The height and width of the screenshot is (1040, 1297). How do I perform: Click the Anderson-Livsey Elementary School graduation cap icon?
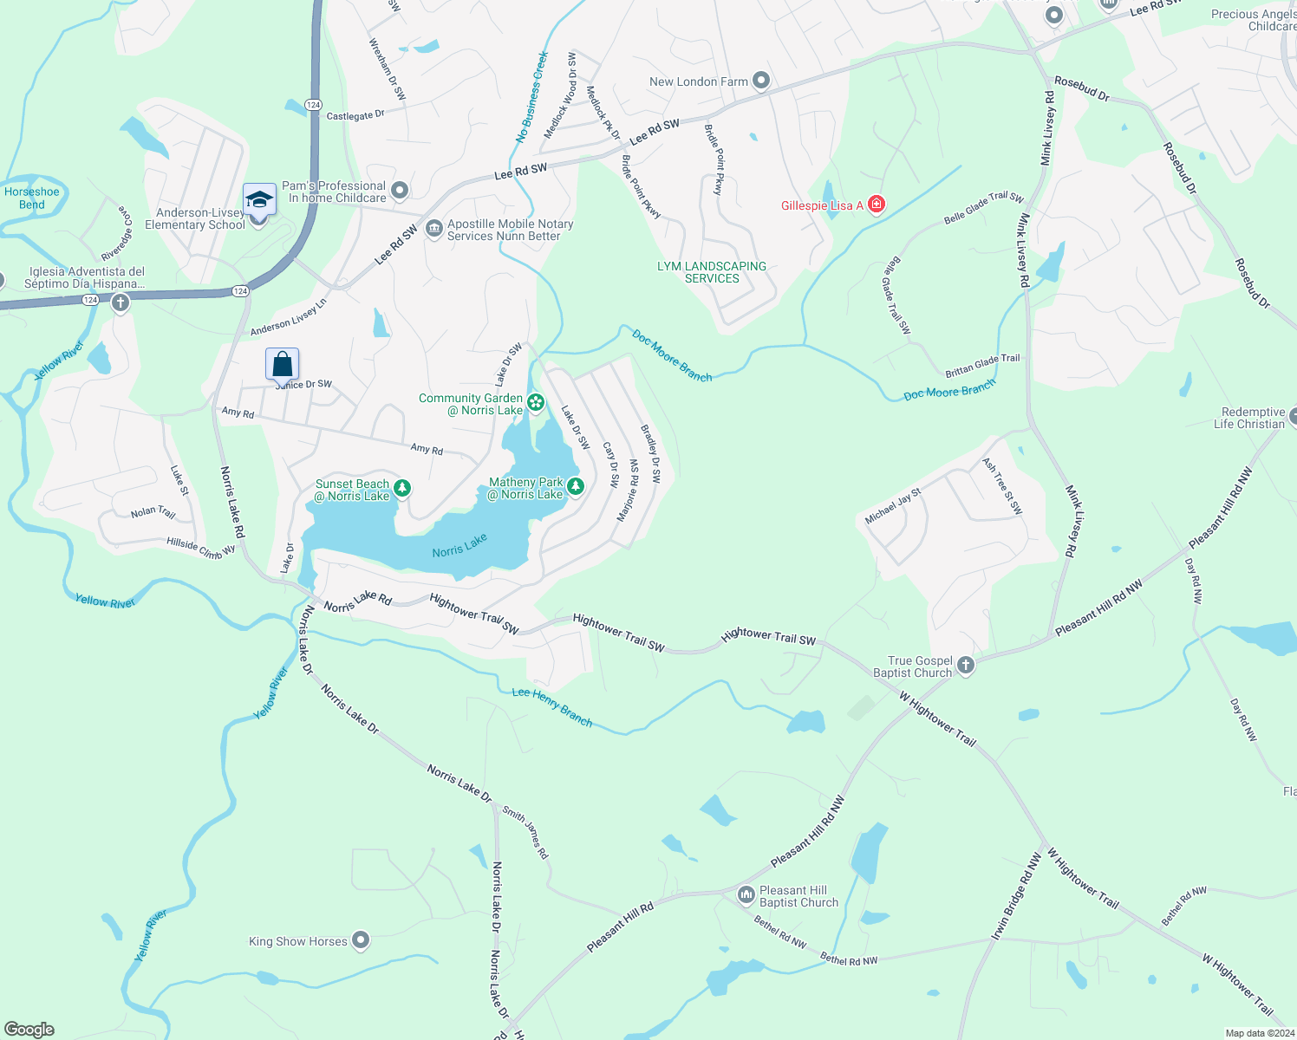point(258,200)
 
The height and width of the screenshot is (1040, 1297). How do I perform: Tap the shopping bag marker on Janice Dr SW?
point(282,364)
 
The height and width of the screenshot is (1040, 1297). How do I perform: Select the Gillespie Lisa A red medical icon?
point(877,205)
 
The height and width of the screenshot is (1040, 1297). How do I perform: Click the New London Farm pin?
point(761,81)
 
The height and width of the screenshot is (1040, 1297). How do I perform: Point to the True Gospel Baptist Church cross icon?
point(966,666)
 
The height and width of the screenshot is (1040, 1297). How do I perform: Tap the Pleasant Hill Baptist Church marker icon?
point(746,894)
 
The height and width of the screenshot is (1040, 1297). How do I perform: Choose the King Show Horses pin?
point(361,940)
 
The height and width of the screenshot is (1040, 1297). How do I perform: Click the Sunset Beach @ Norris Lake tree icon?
point(402,489)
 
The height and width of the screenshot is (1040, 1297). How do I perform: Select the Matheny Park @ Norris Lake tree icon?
point(575,487)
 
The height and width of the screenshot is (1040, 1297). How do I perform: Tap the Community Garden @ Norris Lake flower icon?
point(536,402)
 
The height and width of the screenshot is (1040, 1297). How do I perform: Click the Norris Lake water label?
point(459,546)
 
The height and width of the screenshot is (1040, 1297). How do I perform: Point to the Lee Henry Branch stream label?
point(551,705)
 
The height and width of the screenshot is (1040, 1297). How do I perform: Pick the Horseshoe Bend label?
point(32,198)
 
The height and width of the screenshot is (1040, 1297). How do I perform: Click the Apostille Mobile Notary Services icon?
point(434,229)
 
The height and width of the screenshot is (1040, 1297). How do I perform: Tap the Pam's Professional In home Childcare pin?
point(400,190)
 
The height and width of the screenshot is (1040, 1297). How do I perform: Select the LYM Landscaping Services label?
point(712,272)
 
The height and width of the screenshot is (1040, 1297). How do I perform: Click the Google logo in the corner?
point(29,1029)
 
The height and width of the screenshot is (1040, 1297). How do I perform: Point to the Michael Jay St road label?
point(893,507)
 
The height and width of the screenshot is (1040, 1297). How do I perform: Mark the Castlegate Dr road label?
point(355,115)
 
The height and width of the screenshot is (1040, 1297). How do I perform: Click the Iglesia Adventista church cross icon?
point(121,302)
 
